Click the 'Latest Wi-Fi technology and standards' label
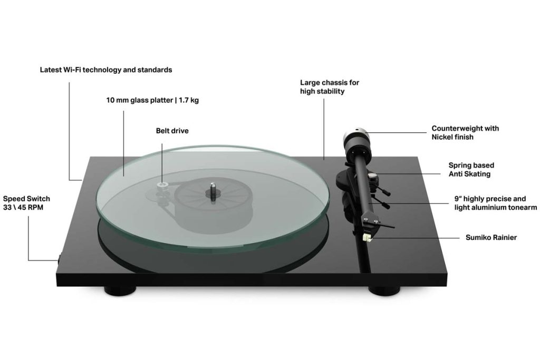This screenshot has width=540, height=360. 105,70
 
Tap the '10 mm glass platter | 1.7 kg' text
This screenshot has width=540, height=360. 152,101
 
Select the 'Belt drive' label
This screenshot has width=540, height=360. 172,131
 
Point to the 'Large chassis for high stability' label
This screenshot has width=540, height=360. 330,87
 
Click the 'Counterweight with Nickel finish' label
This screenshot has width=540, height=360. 465,132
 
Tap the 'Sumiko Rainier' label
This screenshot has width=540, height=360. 491,238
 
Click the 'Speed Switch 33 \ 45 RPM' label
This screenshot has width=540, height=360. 26,203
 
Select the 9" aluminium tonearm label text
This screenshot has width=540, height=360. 496,203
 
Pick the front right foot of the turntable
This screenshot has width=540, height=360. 384,291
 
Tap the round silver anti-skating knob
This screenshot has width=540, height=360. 372,177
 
